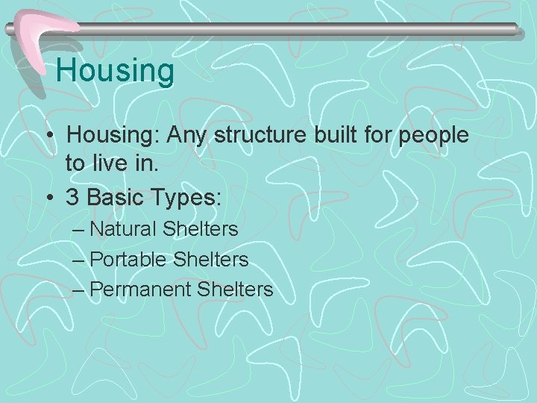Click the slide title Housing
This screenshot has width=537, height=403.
pos(115,72)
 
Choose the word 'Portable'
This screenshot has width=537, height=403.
pos(128,259)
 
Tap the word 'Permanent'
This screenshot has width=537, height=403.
pos(141,289)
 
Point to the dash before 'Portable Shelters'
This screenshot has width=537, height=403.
pos(79,260)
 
